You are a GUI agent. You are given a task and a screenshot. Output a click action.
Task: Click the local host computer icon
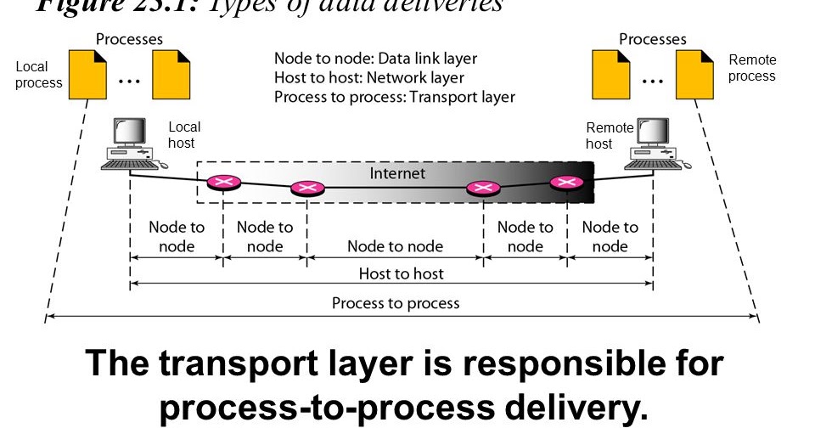click(131, 144)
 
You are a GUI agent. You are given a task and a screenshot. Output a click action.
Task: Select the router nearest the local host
click(223, 181)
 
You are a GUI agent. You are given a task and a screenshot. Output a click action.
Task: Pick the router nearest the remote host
click(565, 182)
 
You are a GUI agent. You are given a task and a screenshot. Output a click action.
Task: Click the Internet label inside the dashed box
click(397, 173)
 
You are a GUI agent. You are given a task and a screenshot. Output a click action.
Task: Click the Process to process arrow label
click(396, 303)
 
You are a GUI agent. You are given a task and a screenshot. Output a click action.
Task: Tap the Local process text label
click(38, 75)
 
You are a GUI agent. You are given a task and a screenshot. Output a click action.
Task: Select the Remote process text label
click(751, 68)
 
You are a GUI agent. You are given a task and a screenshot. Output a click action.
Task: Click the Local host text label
click(184, 135)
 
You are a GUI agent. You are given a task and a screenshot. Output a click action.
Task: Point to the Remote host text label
click(609, 135)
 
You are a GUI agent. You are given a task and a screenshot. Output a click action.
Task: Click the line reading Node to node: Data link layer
click(375, 59)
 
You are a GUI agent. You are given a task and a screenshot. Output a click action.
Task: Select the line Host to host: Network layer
click(369, 78)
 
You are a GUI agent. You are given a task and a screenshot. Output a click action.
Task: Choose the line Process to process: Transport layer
click(394, 97)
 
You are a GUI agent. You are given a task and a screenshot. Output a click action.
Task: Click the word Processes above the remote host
click(652, 39)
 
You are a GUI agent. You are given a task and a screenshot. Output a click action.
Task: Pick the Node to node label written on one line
click(395, 246)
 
